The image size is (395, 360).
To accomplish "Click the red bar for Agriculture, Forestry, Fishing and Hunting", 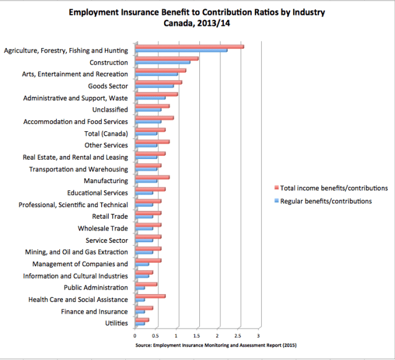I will pos(189,47).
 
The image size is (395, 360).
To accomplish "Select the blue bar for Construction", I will pos(163,62).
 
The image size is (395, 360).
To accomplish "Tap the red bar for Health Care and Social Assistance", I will pos(150,296).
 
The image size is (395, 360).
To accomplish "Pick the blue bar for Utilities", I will pos(140,323).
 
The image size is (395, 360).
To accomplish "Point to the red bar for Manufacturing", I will pos(152,178).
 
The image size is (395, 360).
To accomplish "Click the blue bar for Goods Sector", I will pos(154,86).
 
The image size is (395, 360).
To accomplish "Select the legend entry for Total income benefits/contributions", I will pos(334,187).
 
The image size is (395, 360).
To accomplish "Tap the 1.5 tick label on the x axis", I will pos(196,336).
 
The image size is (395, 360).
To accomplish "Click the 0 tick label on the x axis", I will pos(135,336).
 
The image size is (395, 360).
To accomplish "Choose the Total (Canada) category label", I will pos(106,134).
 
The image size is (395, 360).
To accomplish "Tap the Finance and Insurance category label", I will pos(95,311).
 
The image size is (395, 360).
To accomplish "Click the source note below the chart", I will pos(215,346).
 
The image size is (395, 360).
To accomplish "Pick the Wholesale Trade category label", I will pos(102,229).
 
